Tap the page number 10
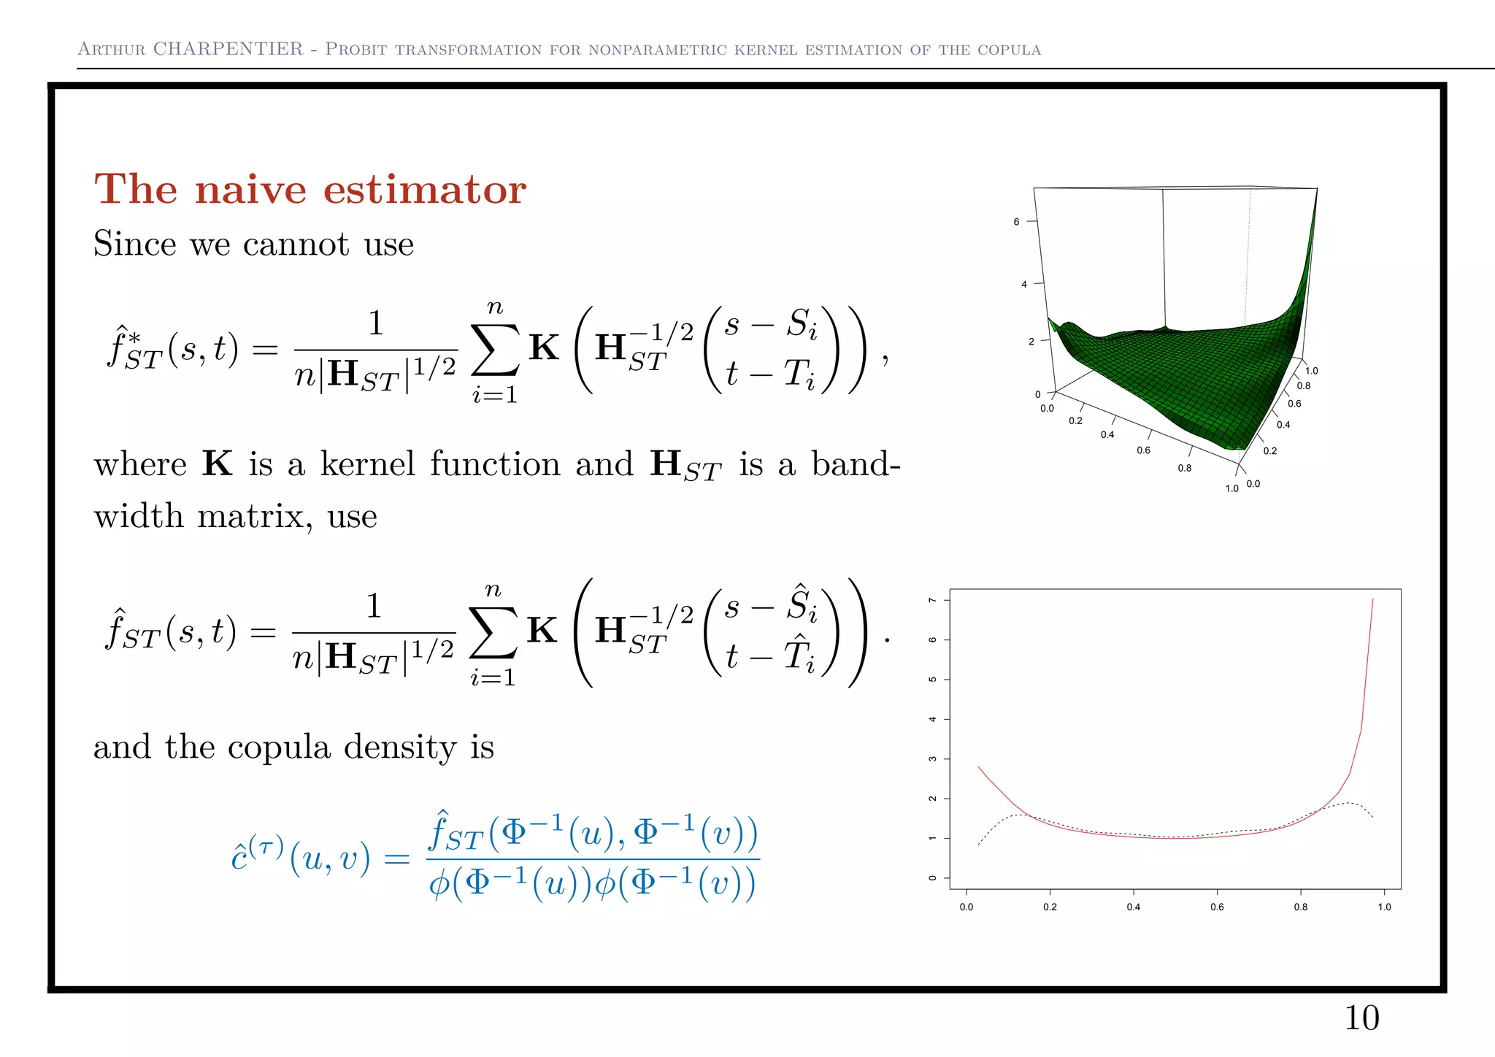click(1361, 1018)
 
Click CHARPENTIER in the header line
click(228, 49)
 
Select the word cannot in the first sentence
click(296, 244)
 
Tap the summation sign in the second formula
click(493, 632)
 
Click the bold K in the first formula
click(544, 347)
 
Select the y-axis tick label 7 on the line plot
click(932, 600)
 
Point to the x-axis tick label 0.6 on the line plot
click(1217, 907)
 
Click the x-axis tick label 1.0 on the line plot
click(1384, 907)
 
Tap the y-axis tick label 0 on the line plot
click(932, 878)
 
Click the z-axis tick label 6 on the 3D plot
click(1016, 222)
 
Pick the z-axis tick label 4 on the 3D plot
click(1023, 284)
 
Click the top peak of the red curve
click(1372, 599)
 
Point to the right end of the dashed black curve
click(1373, 818)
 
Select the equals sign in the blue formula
click(396, 858)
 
